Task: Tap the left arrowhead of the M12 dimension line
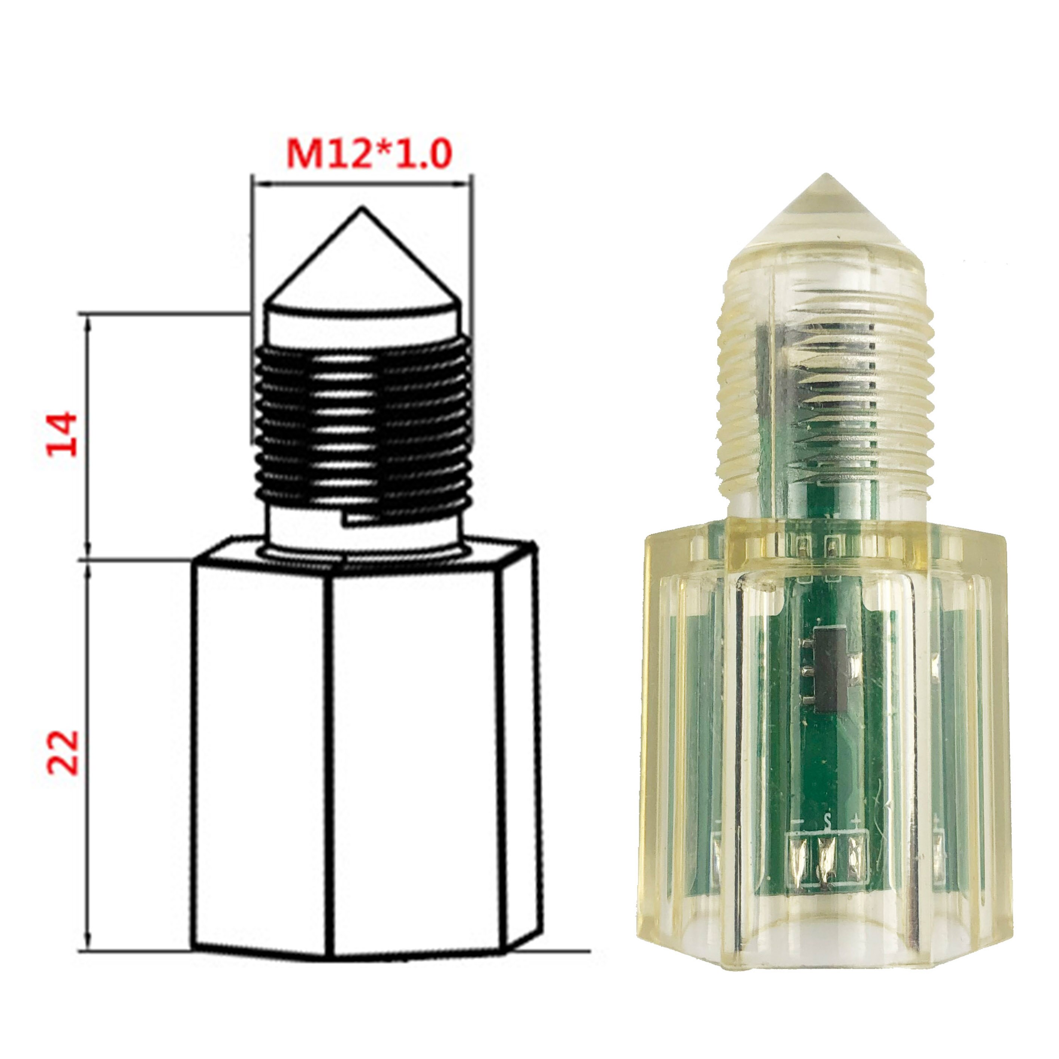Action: point(258,185)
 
